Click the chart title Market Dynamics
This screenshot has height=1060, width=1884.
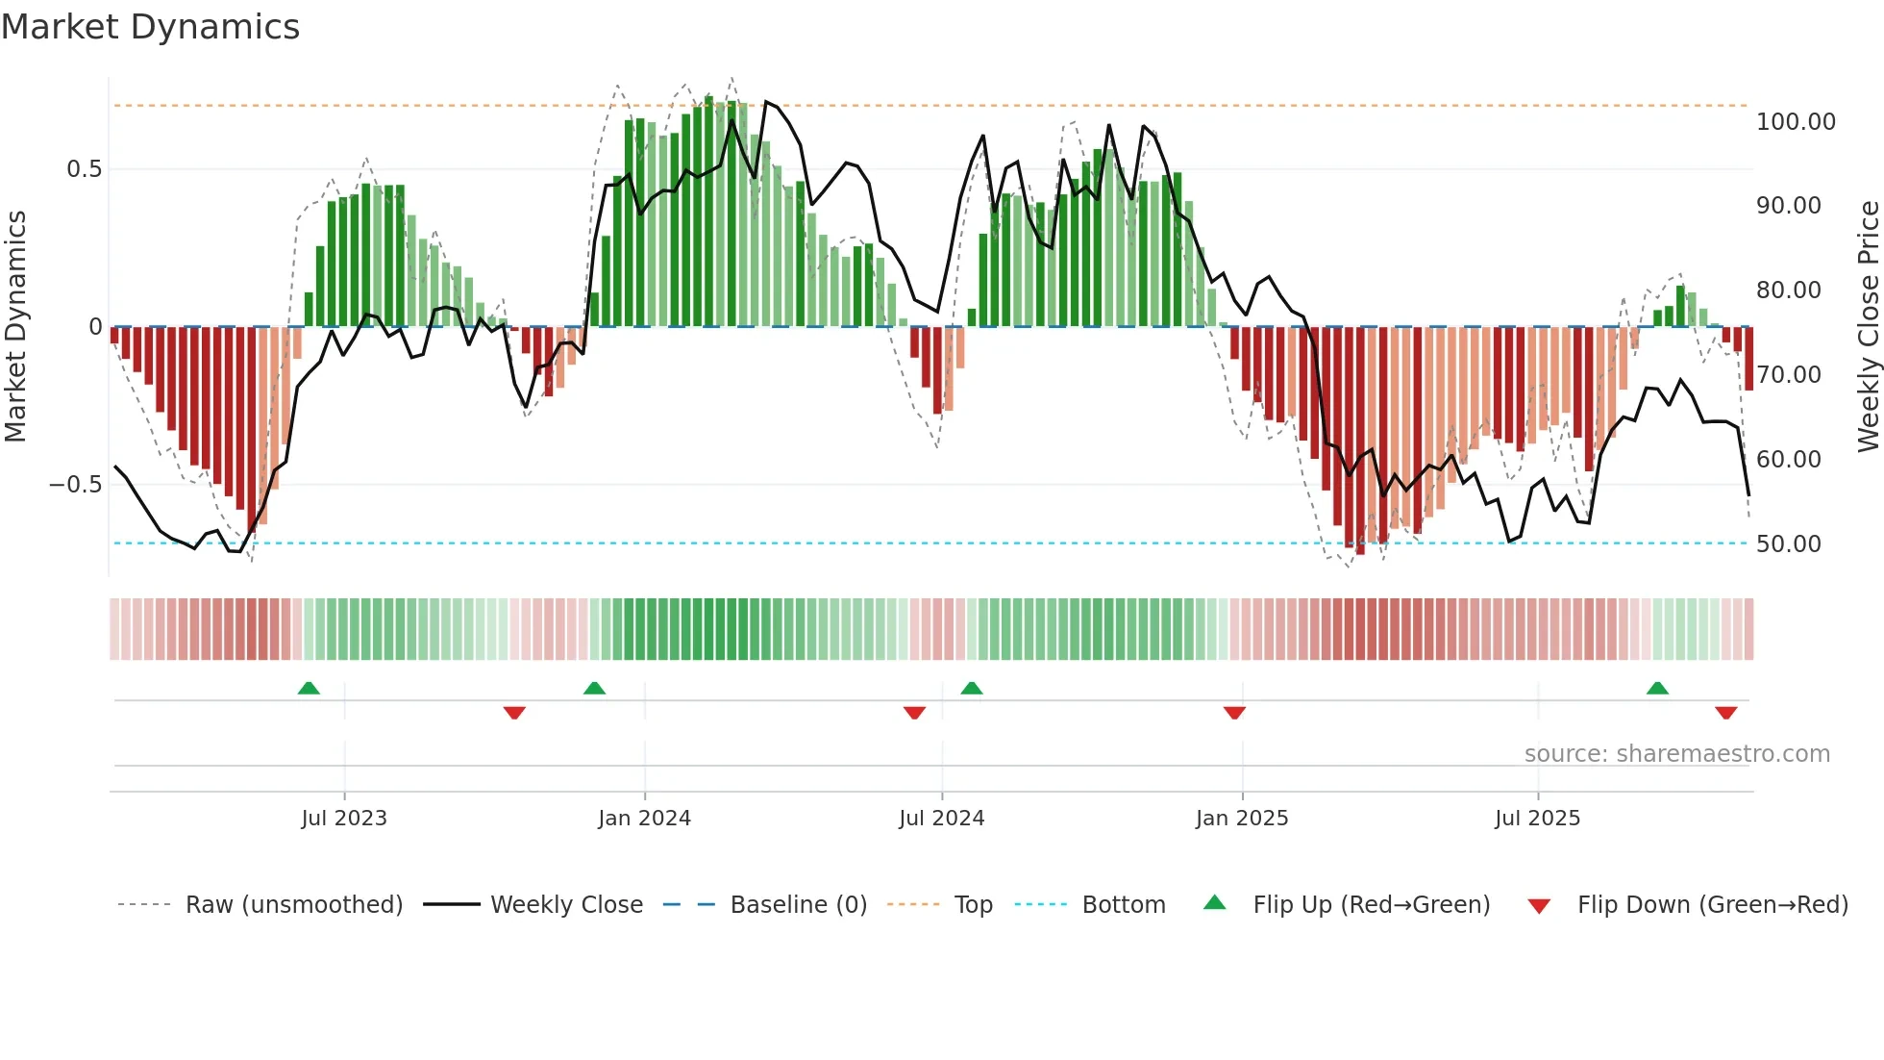(x=151, y=27)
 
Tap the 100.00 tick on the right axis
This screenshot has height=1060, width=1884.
(x=1795, y=122)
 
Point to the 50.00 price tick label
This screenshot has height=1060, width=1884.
(x=1788, y=544)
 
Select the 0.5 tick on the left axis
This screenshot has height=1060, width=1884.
(x=84, y=169)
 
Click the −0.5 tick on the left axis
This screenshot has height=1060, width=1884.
(x=75, y=485)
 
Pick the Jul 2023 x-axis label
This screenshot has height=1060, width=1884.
(x=344, y=819)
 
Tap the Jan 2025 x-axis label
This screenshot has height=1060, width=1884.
(x=1242, y=819)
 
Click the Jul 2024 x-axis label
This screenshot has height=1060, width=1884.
(x=942, y=819)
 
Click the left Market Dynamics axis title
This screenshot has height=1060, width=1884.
(x=15, y=327)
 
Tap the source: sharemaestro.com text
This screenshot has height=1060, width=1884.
(x=1676, y=754)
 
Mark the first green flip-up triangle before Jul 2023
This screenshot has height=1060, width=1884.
(x=309, y=688)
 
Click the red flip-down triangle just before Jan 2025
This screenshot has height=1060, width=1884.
(x=1234, y=713)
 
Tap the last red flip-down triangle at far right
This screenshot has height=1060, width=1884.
(x=1725, y=713)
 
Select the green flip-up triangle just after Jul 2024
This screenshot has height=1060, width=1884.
(x=972, y=688)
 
